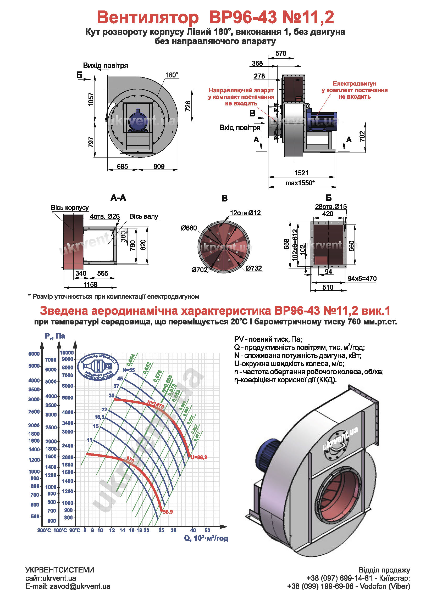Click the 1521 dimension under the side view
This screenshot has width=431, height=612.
301,173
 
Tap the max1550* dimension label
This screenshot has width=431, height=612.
300,183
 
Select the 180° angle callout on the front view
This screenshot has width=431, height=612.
172,75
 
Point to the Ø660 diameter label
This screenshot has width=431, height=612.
189,228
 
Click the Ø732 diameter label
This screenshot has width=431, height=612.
254,268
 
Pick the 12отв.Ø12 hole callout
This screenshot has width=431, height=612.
245,213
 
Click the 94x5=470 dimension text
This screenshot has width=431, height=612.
362,279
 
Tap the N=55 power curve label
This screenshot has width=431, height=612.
129,370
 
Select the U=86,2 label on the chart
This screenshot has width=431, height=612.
199,457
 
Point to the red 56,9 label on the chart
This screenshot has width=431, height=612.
168,512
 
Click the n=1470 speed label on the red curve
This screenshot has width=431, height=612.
156,405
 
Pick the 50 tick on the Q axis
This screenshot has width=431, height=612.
207,530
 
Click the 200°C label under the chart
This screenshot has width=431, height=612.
44,530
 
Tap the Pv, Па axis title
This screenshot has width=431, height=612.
55,336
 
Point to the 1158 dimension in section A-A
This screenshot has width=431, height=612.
90,284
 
